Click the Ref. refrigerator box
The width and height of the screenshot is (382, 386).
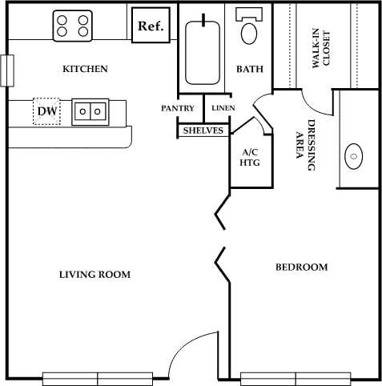pos(151,26)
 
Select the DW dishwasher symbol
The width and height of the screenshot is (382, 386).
pos(46,111)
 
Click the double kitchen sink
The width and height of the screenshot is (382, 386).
pos(90,111)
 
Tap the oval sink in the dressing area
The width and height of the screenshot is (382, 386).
pos(353,155)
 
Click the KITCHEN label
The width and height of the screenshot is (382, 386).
pos(85,69)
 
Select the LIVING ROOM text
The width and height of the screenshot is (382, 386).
pos(94,275)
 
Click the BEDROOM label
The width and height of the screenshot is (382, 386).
pos(301,267)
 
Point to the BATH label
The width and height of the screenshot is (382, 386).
pos(250,69)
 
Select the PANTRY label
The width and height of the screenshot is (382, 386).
pos(178,107)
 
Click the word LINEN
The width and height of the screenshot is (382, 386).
pos(223,107)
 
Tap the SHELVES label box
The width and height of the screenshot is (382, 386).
pos(203,130)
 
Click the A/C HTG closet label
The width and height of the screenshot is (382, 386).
pos(248,156)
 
